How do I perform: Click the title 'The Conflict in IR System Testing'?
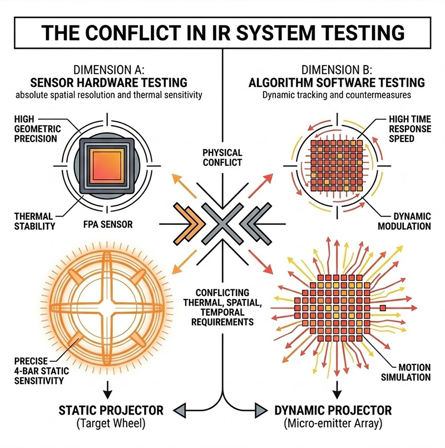pos(222,33)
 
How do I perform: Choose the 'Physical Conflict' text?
pos(222,157)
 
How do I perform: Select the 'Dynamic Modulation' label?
pos(404,221)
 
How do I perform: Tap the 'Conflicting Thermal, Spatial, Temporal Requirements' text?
pos(222,307)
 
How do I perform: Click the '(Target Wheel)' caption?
pos(111,426)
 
